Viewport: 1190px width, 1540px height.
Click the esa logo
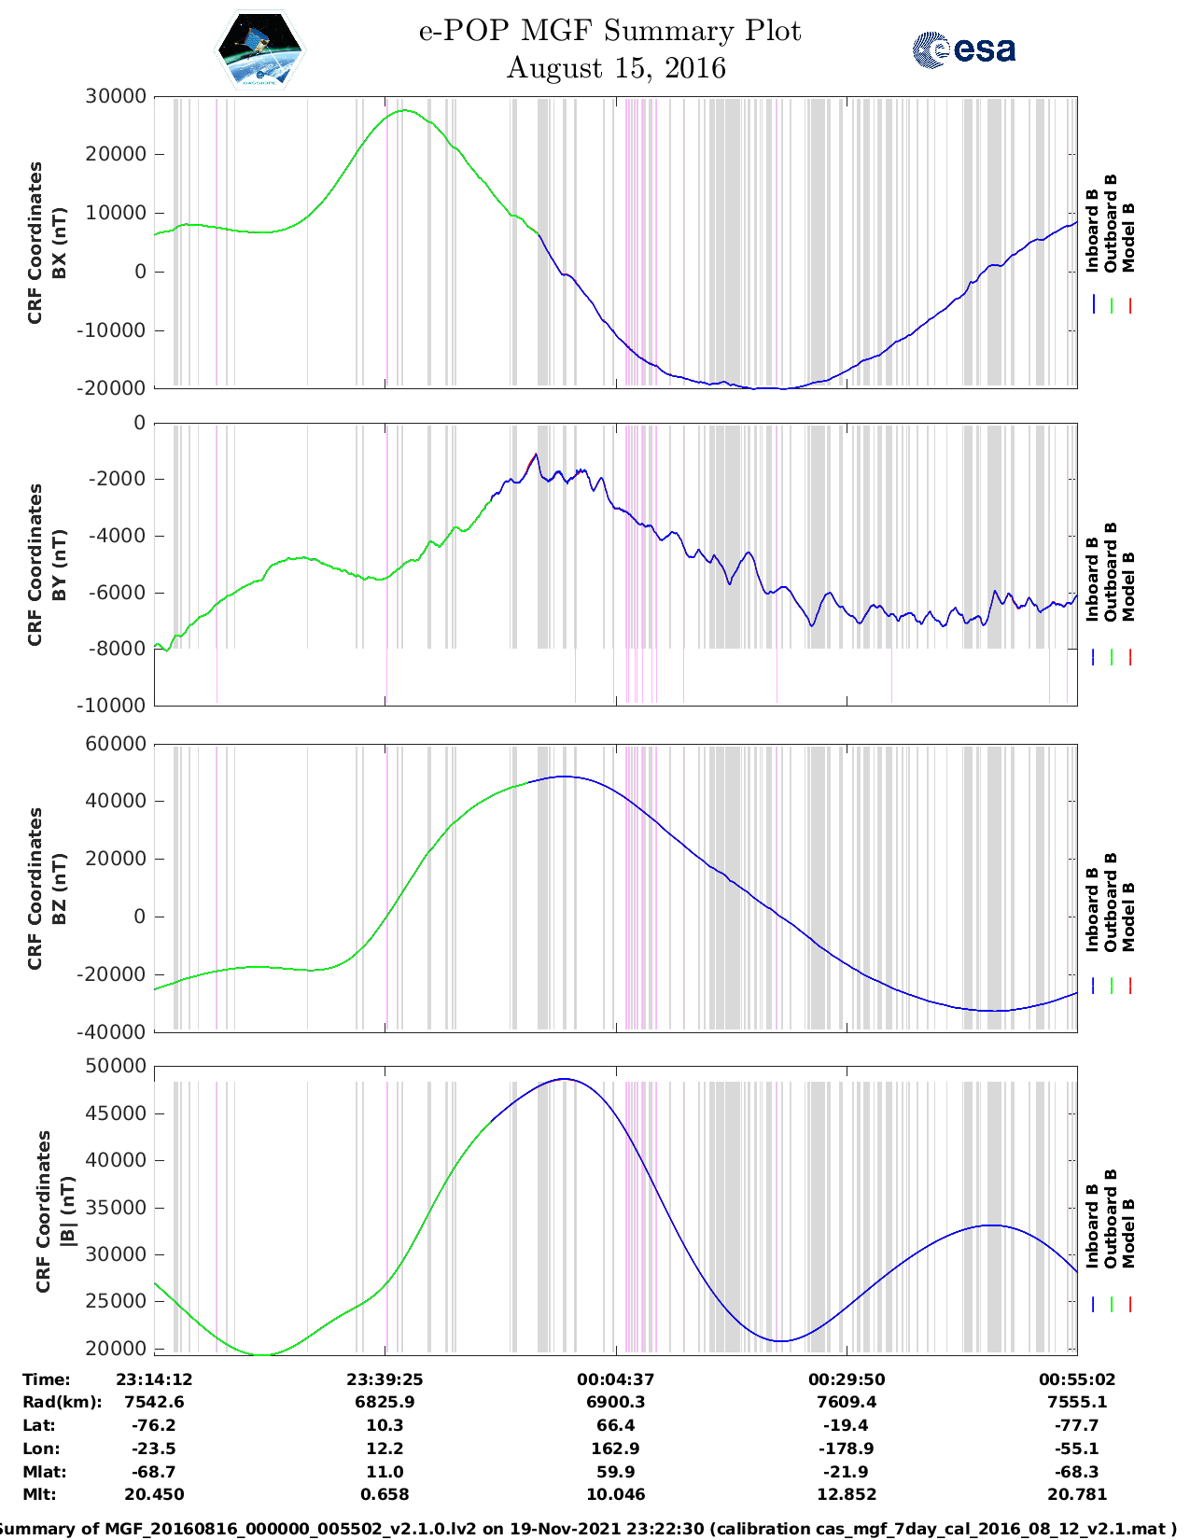tap(964, 49)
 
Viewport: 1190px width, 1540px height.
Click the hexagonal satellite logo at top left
tap(259, 49)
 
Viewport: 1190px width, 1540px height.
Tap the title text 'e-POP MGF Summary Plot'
tap(609, 31)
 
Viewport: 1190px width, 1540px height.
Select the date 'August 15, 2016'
tap(616, 68)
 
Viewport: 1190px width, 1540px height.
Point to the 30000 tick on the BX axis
tap(117, 96)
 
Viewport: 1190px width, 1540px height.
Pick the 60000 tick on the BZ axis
tap(117, 744)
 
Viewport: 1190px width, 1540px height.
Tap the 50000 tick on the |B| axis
tap(117, 1066)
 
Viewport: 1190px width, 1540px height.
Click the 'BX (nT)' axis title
tap(59, 243)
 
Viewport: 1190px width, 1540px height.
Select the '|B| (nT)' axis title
tap(67, 1211)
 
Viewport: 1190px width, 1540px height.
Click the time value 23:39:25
tap(385, 1379)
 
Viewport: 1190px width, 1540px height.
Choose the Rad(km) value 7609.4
tap(847, 1402)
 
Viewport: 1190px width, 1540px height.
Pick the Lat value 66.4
tap(615, 1425)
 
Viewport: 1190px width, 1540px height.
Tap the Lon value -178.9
tap(847, 1449)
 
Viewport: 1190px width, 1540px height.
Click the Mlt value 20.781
tap(1076, 1494)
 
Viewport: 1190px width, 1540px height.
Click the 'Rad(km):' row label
tap(62, 1402)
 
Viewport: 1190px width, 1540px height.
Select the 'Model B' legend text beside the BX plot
tap(1128, 237)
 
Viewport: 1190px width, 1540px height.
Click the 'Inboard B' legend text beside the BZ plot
tap(1092, 909)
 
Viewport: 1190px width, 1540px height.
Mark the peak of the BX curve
tap(404, 110)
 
